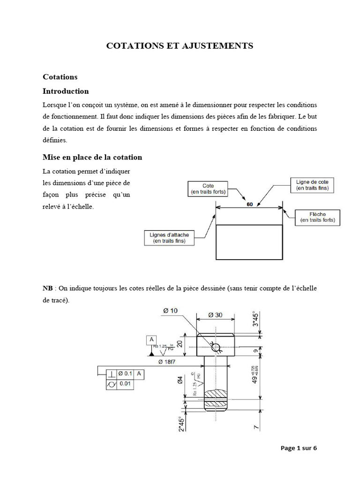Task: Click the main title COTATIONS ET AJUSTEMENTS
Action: [x=180, y=45]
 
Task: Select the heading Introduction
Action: [x=66, y=91]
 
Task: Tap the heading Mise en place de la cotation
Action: [x=92, y=157]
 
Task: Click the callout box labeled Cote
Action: [x=208, y=188]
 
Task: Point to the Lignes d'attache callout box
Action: [x=169, y=238]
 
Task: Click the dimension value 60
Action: [x=249, y=204]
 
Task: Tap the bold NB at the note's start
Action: [x=47, y=288]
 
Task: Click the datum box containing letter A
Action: [x=151, y=339]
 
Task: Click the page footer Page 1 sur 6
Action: [x=299, y=448]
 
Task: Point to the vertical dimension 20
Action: [x=180, y=344]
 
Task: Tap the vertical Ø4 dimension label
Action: [x=180, y=382]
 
